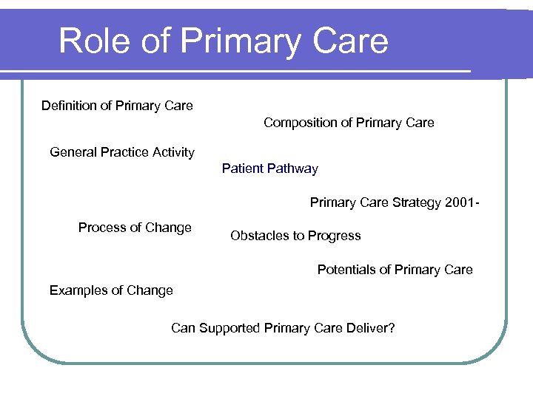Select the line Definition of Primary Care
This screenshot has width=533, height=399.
pyautogui.click(x=117, y=106)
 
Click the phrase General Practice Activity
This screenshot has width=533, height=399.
pyautogui.click(x=122, y=152)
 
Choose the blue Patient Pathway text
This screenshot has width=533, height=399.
pyautogui.click(x=269, y=168)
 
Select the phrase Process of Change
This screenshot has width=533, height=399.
pyautogui.click(x=135, y=228)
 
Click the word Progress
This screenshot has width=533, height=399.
pyautogui.click(x=335, y=236)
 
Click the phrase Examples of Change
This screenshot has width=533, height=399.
pyautogui.click(x=111, y=290)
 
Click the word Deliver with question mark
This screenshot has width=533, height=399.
pyautogui.click(x=370, y=328)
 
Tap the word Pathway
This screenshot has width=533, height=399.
pyautogui.click(x=293, y=168)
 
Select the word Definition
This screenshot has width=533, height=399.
pyautogui.click(x=69, y=106)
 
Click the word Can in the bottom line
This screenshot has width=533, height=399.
pyautogui.click(x=183, y=328)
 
